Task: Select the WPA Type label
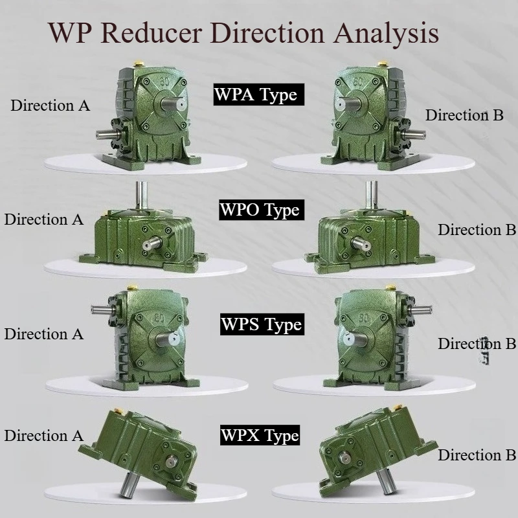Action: click(258, 95)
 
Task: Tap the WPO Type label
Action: click(262, 209)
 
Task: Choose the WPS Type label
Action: click(262, 324)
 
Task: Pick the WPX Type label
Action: click(260, 435)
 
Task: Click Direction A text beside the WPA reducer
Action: click(51, 106)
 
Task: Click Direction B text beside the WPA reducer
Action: click(464, 115)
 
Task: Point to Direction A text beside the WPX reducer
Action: click(43, 435)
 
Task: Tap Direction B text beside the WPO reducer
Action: click(477, 230)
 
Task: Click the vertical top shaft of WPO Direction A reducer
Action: click(141, 195)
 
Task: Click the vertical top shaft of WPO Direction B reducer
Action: click(371, 195)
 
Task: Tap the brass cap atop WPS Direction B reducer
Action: click(391, 287)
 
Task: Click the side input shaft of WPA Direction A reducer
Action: click(107, 135)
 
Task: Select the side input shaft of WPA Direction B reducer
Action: click(413, 134)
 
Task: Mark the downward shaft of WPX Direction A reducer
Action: click(129, 485)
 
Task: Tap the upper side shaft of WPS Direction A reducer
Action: click(102, 310)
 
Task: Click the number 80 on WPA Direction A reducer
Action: click(165, 82)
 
